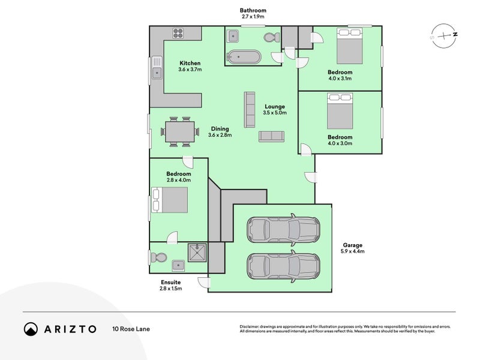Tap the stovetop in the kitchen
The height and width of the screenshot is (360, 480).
tap(178, 33)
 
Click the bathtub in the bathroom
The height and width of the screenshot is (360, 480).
tap(244, 58)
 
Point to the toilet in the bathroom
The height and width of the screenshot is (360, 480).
tap(271, 37)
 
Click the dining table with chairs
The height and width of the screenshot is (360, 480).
tap(180, 131)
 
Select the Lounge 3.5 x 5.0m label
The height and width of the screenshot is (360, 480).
tap(275, 110)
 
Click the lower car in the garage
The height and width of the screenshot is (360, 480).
tap(283, 265)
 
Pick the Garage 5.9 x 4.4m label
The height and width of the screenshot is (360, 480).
tap(352, 248)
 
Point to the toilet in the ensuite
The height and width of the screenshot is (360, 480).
tap(159, 257)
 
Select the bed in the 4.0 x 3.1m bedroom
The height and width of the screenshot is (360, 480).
tap(349, 46)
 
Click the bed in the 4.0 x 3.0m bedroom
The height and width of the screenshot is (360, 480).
tap(340, 111)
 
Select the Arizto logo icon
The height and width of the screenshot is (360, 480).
tap(31, 329)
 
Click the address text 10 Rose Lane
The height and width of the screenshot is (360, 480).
tap(130, 329)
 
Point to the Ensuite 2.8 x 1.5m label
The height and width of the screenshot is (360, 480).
tap(170, 285)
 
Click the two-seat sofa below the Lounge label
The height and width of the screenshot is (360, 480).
tap(272, 136)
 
